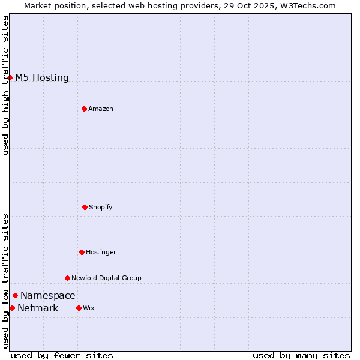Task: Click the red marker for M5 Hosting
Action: pyautogui.click(x=10, y=77)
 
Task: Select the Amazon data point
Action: pyautogui.click(x=84, y=109)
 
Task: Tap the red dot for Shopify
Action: pyautogui.click(x=85, y=207)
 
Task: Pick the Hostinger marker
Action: pyautogui.click(x=82, y=252)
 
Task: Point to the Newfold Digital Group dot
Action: pyautogui.click(x=67, y=278)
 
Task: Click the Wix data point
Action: pyautogui.click(x=79, y=308)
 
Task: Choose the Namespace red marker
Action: pyautogui.click(x=15, y=295)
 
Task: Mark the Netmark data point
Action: pyautogui.click(x=12, y=308)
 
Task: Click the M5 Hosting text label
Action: pyautogui.click(x=42, y=77)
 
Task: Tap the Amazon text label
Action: pyautogui.click(x=101, y=109)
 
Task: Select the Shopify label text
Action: pyautogui.click(x=101, y=207)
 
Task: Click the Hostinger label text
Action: pyautogui.click(x=101, y=252)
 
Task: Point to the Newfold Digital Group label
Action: pyautogui.click(x=106, y=278)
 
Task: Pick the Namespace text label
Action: pyautogui.click(x=48, y=295)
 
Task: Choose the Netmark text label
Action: pyautogui.click(x=38, y=308)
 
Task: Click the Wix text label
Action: pyautogui.click(x=89, y=308)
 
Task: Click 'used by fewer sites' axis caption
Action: pyautogui.click(x=62, y=355)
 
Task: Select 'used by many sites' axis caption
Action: pyautogui.click(x=301, y=355)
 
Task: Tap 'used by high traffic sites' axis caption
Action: pyautogui.click(x=5, y=85)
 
